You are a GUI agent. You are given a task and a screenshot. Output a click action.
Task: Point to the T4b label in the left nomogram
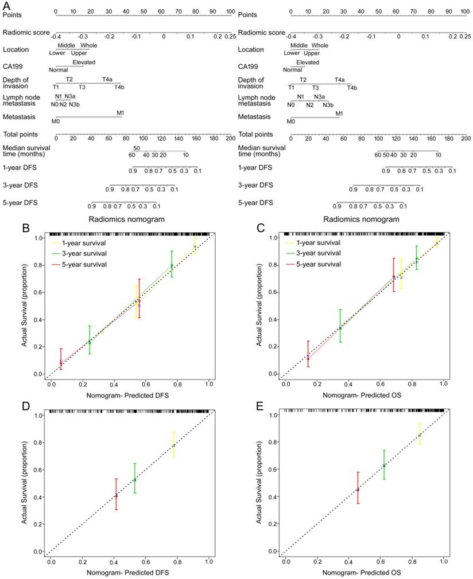[118, 87]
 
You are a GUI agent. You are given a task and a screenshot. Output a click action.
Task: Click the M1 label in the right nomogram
[339, 114]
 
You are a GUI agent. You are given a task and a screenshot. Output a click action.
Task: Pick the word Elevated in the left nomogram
[84, 62]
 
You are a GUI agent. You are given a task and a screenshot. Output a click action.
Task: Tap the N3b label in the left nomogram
[74, 104]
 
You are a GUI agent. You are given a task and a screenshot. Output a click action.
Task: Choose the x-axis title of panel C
[365, 395]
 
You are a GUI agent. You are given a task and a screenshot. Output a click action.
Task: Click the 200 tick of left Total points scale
[230, 138]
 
